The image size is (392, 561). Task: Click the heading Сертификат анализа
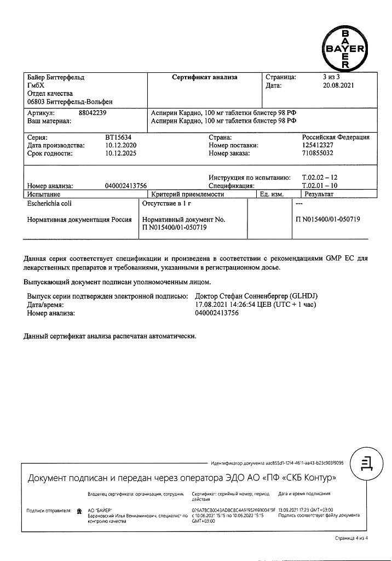coord(205,77)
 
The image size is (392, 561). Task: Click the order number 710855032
coord(321,154)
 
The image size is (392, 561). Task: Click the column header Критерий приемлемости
coord(188,194)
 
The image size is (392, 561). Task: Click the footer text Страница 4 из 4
coord(352,539)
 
